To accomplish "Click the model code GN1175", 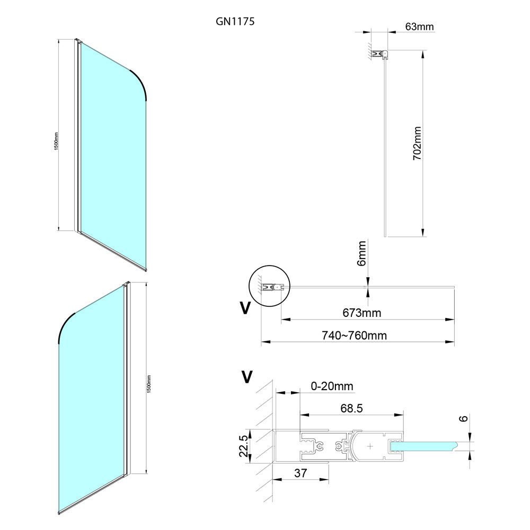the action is click(x=235, y=22).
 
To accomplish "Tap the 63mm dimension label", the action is click(x=419, y=26).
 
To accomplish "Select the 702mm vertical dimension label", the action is click(x=418, y=143).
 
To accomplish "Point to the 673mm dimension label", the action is click(x=361, y=313).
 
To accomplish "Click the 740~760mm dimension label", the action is click(x=354, y=335).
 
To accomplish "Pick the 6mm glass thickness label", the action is click(x=361, y=253).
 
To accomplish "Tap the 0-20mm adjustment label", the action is click(x=332, y=386).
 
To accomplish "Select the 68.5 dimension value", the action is click(x=351, y=408).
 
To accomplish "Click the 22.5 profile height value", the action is click(x=244, y=446).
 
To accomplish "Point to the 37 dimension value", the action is click(x=301, y=473).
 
